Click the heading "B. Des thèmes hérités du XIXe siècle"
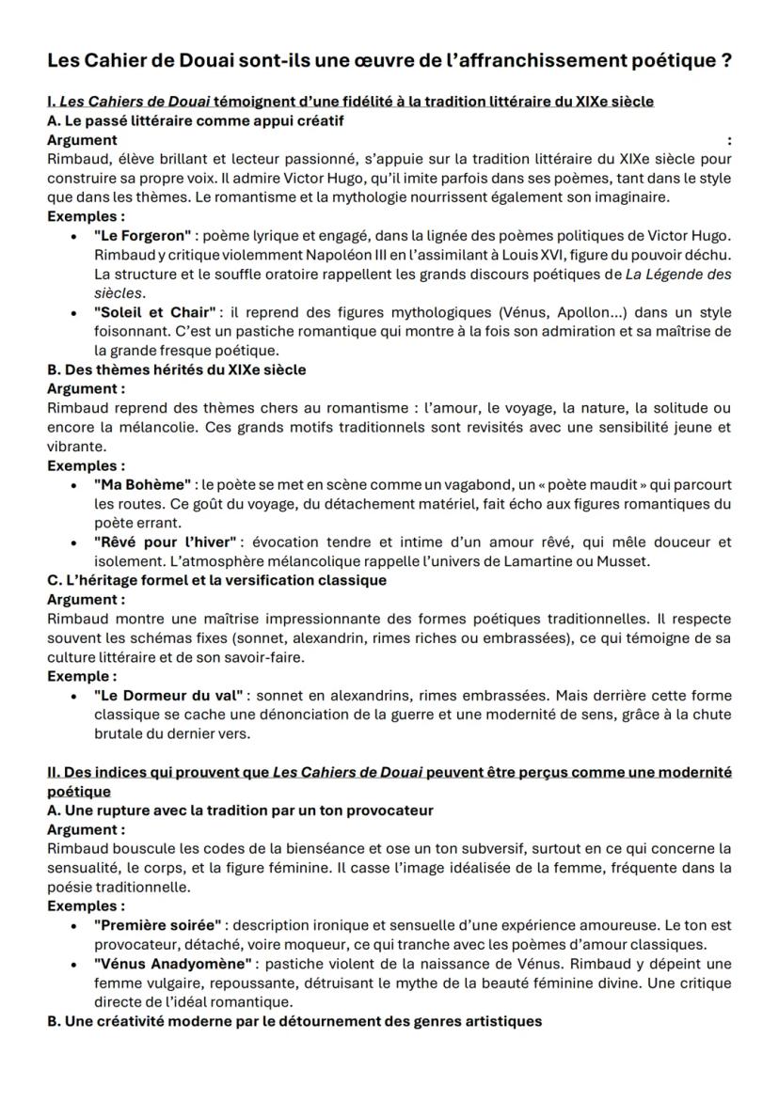[176, 370]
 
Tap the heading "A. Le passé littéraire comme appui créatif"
[195, 120]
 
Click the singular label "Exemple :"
[82, 676]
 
